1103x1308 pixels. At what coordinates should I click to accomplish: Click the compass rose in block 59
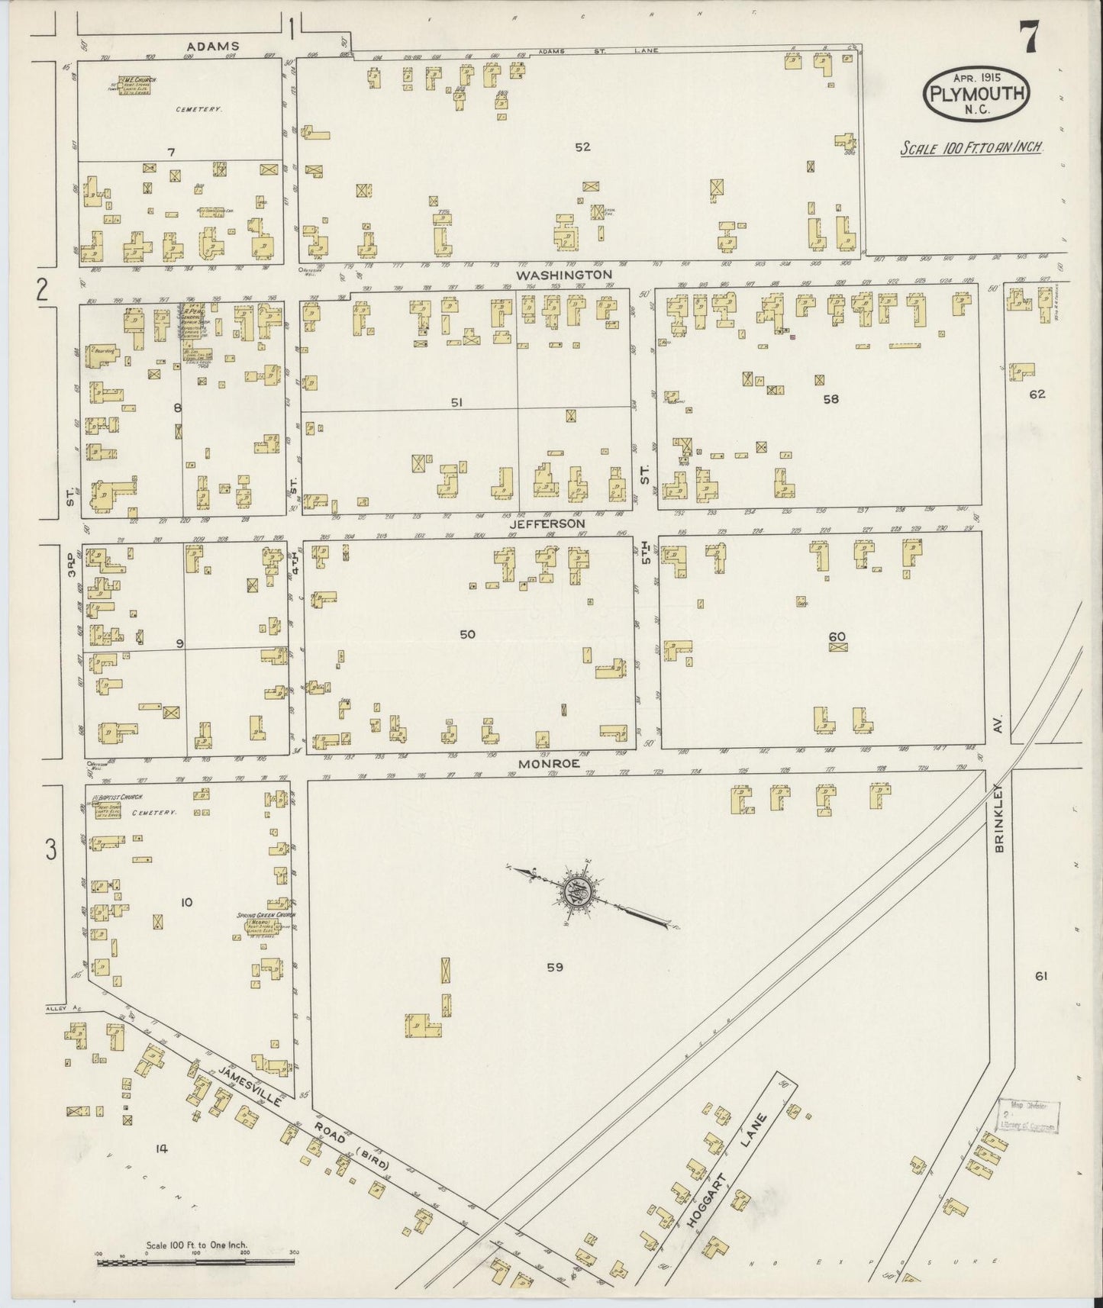tap(576, 890)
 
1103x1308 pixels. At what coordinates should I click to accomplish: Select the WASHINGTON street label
tap(563, 274)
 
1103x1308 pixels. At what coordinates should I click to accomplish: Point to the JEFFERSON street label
tap(549, 524)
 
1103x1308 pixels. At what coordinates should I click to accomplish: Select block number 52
tap(582, 147)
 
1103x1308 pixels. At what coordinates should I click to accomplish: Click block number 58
tap(830, 398)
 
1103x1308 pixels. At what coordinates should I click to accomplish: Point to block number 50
tap(467, 634)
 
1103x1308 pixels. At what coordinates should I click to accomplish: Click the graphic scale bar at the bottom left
tap(195, 1262)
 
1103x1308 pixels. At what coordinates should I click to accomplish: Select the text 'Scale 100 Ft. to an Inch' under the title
tap(971, 149)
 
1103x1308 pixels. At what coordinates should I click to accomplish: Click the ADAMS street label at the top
tap(213, 47)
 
